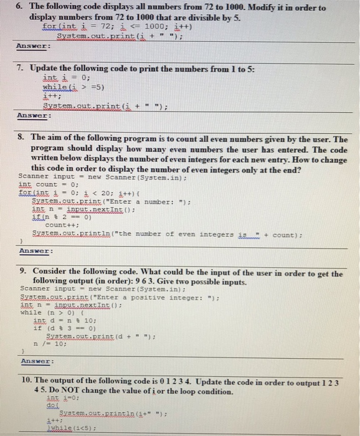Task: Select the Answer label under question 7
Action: click(x=32, y=116)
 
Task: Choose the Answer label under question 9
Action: click(x=36, y=361)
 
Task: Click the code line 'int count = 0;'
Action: click(x=49, y=184)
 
